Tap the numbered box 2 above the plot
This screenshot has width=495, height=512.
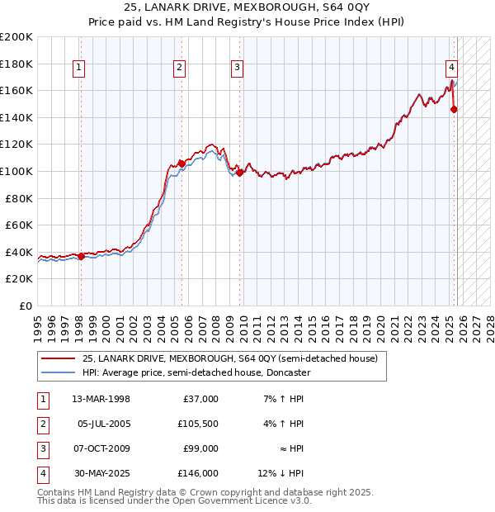(180, 69)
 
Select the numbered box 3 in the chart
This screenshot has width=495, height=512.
(237, 69)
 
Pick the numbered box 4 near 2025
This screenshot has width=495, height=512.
(452, 69)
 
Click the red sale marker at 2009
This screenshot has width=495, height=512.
(239, 173)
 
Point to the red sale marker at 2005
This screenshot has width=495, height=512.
(181, 164)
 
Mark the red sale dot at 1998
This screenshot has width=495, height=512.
(81, 256)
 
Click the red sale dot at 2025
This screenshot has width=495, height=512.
(454, 109)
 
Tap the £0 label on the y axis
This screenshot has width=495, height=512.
(26, 306)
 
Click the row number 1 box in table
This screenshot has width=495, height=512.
(41, 398)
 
